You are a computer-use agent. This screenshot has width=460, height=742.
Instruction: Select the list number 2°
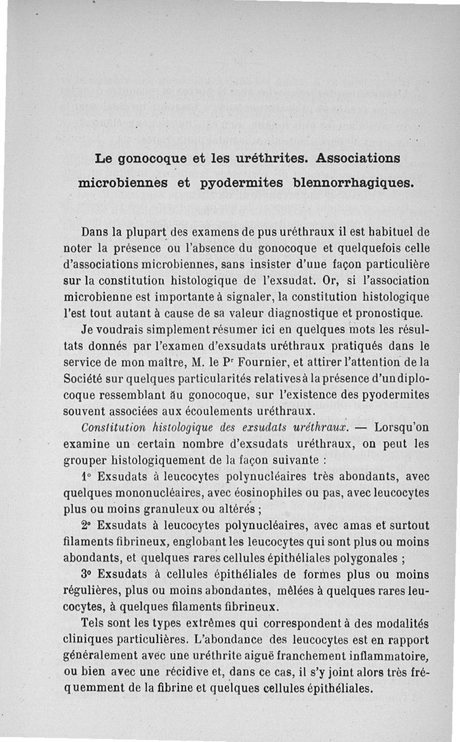tap(87, 525)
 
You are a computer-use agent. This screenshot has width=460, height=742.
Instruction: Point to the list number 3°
tap(87, 574)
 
